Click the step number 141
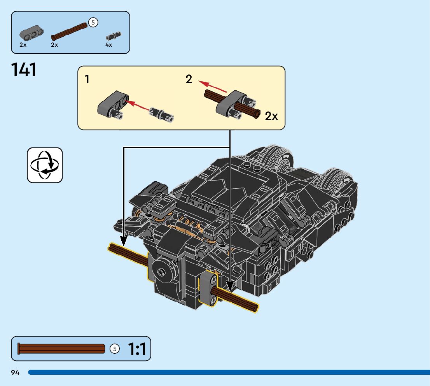[x=24, y=70]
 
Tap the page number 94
[x=16, y=373]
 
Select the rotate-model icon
[x=45, y=165]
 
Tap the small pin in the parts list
[x=113, y=36]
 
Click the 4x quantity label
[x=108, y=45]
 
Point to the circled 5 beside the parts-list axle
[x=93, y=23]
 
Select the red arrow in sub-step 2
[x=212, y=86]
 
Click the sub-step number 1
[x=87, y=79]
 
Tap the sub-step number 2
[x=189, y=79]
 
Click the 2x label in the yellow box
[x=271, y=116]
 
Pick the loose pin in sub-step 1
[x=161, y=114]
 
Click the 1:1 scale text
[x=137, y=349]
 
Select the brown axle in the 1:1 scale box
[x=61, y=349]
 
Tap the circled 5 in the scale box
[x=114, y=349]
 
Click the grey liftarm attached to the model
[x=209, y=289]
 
